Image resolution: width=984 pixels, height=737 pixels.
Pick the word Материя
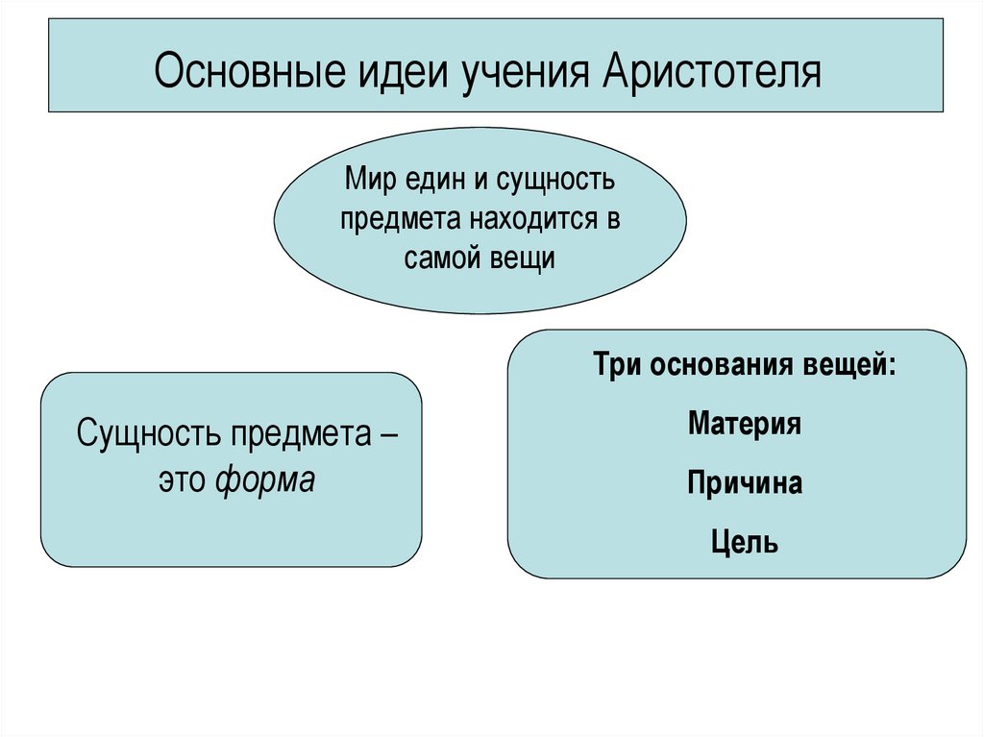tap(745, 424)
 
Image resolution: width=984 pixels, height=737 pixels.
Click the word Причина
tap(745, 482)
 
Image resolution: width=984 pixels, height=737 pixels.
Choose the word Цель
tap(745, 542)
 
